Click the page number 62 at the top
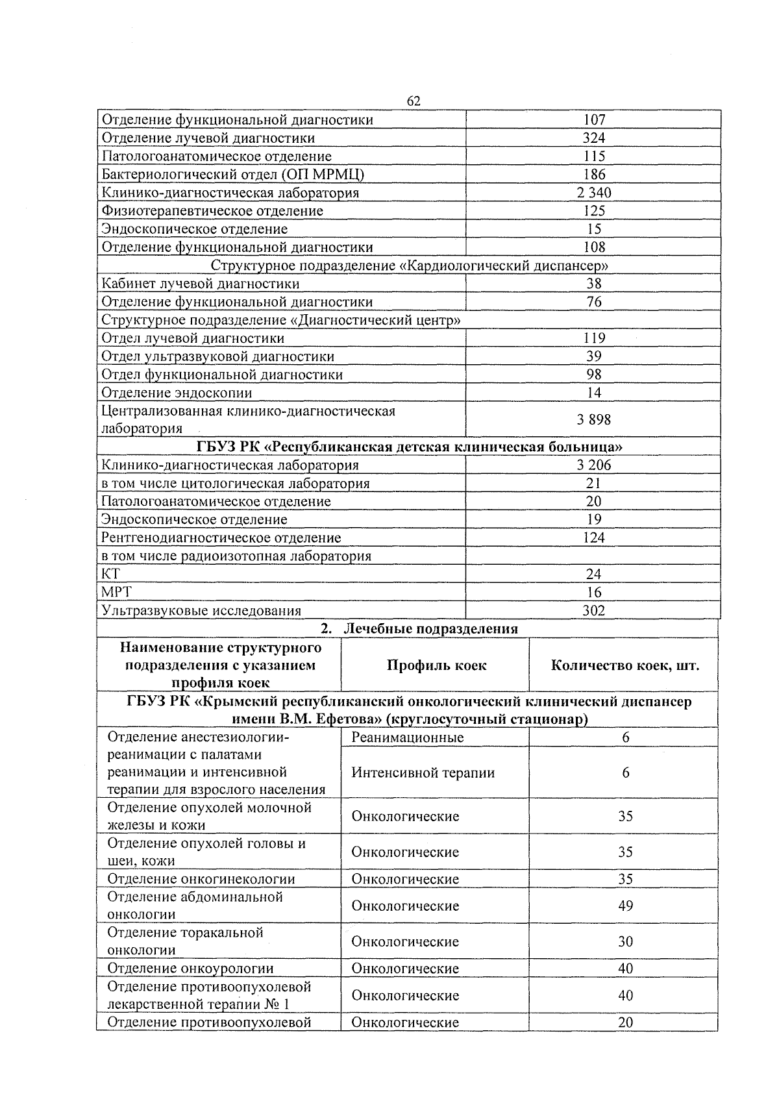pos(414,101)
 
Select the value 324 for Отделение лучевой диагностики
pos(593,138)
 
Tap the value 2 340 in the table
pos(593,192)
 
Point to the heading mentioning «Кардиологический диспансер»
pos(410,265)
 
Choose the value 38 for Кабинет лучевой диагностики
pos(593,283)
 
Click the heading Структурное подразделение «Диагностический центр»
pos(282,320)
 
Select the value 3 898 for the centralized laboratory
pos(593,419)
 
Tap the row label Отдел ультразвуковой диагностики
pos(218,356)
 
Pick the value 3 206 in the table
pos(593,465)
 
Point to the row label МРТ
pos(116,592)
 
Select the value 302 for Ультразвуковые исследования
pos(593,610)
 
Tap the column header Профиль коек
pos(436,665)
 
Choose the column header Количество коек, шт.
pos(624,665)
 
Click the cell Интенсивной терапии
pos(423,773)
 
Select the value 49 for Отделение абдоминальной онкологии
pos(625,906)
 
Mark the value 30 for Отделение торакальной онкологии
pos(625,941)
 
